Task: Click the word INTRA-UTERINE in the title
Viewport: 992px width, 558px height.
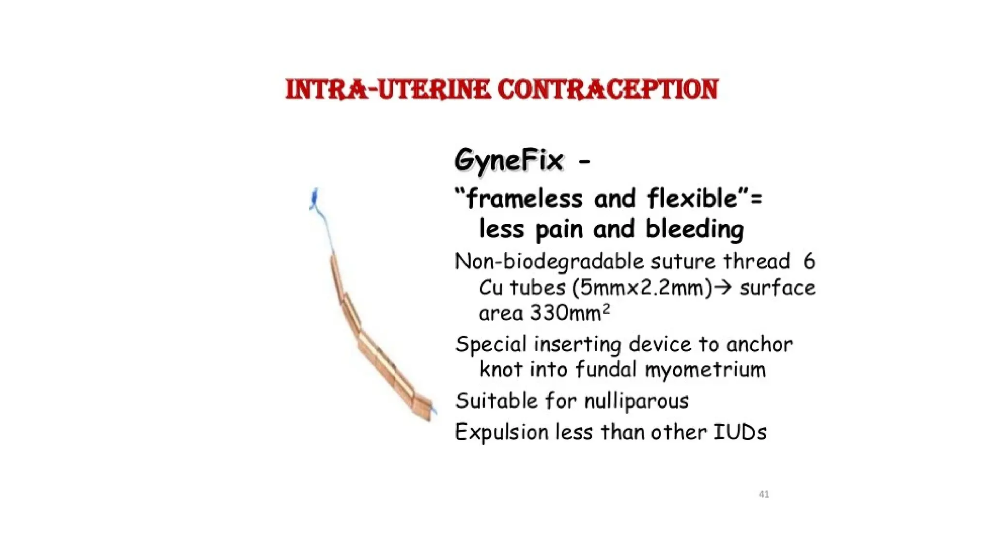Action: point(387,90)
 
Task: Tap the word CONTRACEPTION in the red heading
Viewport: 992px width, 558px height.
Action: point(608,90)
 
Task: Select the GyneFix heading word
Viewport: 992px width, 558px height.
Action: point(509,160)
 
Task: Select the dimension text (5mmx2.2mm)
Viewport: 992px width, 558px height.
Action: point(642,288)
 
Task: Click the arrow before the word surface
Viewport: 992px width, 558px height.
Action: point(724,288)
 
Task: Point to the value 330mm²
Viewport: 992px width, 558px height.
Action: point(570,313)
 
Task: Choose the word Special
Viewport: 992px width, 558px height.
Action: point(491,345)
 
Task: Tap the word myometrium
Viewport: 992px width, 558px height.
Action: point(705,370)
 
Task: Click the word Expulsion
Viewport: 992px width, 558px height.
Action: point(501,432)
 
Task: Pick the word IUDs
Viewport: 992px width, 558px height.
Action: point(740,432)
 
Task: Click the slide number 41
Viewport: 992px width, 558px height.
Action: point(764,494)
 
